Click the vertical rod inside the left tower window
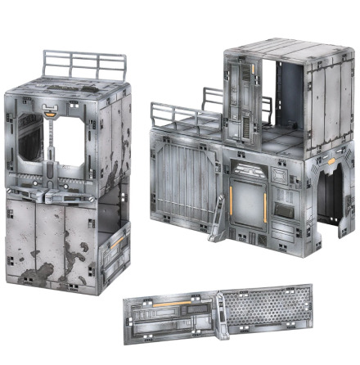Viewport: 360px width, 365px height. point(52,151)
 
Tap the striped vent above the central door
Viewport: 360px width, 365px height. point(249,169)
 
